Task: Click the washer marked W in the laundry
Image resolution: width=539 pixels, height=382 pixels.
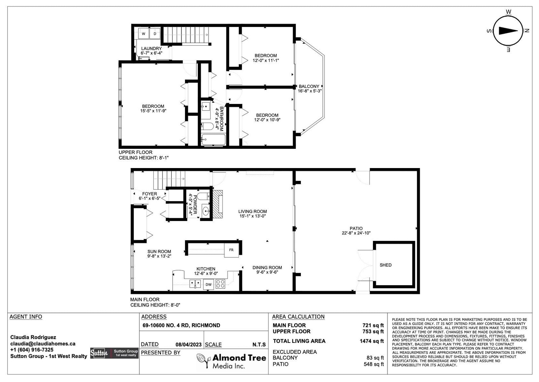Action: [x=144, y=33]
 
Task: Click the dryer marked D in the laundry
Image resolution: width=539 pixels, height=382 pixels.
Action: [x=155, y=33]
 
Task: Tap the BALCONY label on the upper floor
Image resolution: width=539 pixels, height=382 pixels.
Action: [x=309, y=86]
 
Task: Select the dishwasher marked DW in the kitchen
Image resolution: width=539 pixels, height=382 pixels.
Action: [x=209, y=284]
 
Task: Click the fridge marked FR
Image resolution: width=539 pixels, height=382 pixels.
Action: [x=231, y=250]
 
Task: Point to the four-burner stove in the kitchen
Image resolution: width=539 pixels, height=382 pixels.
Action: [x=220, y=284]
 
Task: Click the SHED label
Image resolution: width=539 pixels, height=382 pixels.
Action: [x=385, y=265]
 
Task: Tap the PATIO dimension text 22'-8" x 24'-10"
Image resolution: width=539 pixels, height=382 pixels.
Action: [x=356, y=233]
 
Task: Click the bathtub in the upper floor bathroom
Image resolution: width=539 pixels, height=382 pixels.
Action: [x=214, y=140]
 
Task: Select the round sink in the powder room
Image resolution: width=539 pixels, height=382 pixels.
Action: [x=206, y=211]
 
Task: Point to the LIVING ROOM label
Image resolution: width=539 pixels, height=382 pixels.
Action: [x=252, y=211]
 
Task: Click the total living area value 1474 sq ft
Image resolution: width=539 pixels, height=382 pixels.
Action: [x=372, y=341]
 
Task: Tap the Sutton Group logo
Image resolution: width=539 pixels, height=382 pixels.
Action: [x=114, y=353]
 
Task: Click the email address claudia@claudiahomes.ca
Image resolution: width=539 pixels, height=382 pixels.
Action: [x=43, y=344]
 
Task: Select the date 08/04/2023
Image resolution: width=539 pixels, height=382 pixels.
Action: [x=188, y=345]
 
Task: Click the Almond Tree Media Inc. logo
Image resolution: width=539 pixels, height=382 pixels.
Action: [x=231, y=361]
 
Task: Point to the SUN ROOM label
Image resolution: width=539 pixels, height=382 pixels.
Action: [x=159, y=252]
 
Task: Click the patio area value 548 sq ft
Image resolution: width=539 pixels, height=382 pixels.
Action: [x=374, y=364]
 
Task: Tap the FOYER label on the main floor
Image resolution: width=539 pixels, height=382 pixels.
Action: [x=150, y=194]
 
